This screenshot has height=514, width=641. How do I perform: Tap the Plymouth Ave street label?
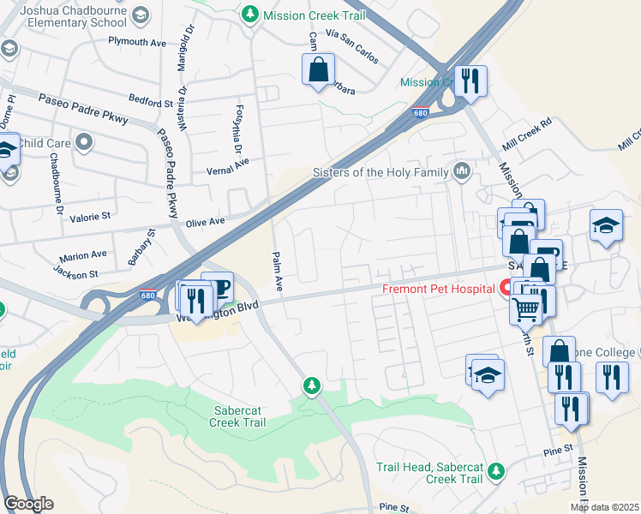tap(137, 41)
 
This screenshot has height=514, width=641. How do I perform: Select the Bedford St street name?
tap(152, 103)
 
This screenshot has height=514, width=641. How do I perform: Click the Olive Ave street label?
tap(205, 221)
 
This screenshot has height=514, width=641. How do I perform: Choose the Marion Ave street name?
tap(83, 256)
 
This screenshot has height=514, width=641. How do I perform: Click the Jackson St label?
tap(75, 274)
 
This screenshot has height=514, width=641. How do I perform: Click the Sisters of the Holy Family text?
tap(381, 172)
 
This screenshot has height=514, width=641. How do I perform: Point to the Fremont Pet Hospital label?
tap(438, 288)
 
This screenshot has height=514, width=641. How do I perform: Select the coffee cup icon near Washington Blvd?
tap(218, 287)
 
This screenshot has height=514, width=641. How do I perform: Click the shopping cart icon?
tap(525, 308)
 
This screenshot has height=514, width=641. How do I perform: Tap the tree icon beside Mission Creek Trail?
tap(250, 14)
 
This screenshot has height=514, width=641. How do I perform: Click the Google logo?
tap(28, 504)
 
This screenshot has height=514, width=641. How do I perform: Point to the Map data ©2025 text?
tap(604, 507)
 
